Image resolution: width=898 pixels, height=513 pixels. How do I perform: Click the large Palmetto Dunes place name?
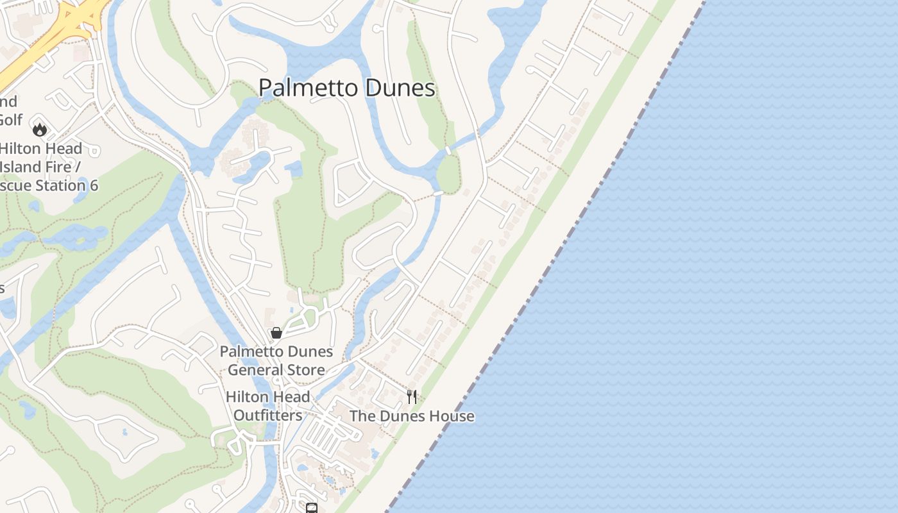(x=347, y=88)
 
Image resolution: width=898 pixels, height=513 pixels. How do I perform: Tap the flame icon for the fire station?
(x=40, y=130)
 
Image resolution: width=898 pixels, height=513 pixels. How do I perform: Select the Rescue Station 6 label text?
(x=48, y=186)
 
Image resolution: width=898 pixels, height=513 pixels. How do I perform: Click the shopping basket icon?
(x=276, y=333)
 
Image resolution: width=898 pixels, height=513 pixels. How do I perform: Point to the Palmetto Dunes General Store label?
(x=276, y=360)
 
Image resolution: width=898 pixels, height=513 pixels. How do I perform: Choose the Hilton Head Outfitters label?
(x=267, y=406)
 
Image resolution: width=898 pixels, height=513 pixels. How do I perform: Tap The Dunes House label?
(x=412, y=416)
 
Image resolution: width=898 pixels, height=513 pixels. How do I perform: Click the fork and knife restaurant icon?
(x=412, y=396)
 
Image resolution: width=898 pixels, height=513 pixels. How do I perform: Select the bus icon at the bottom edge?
(x=312, y=509)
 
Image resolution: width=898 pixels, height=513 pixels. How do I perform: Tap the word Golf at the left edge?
(x=10, y=120)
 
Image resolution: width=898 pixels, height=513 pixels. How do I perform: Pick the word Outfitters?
(x=267, y=416)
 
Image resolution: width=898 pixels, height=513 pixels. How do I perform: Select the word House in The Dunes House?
(x=452, y=416)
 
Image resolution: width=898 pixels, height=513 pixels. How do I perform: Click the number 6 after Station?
(x=94, y=186)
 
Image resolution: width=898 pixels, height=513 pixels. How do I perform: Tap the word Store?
(x=305, y=370)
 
